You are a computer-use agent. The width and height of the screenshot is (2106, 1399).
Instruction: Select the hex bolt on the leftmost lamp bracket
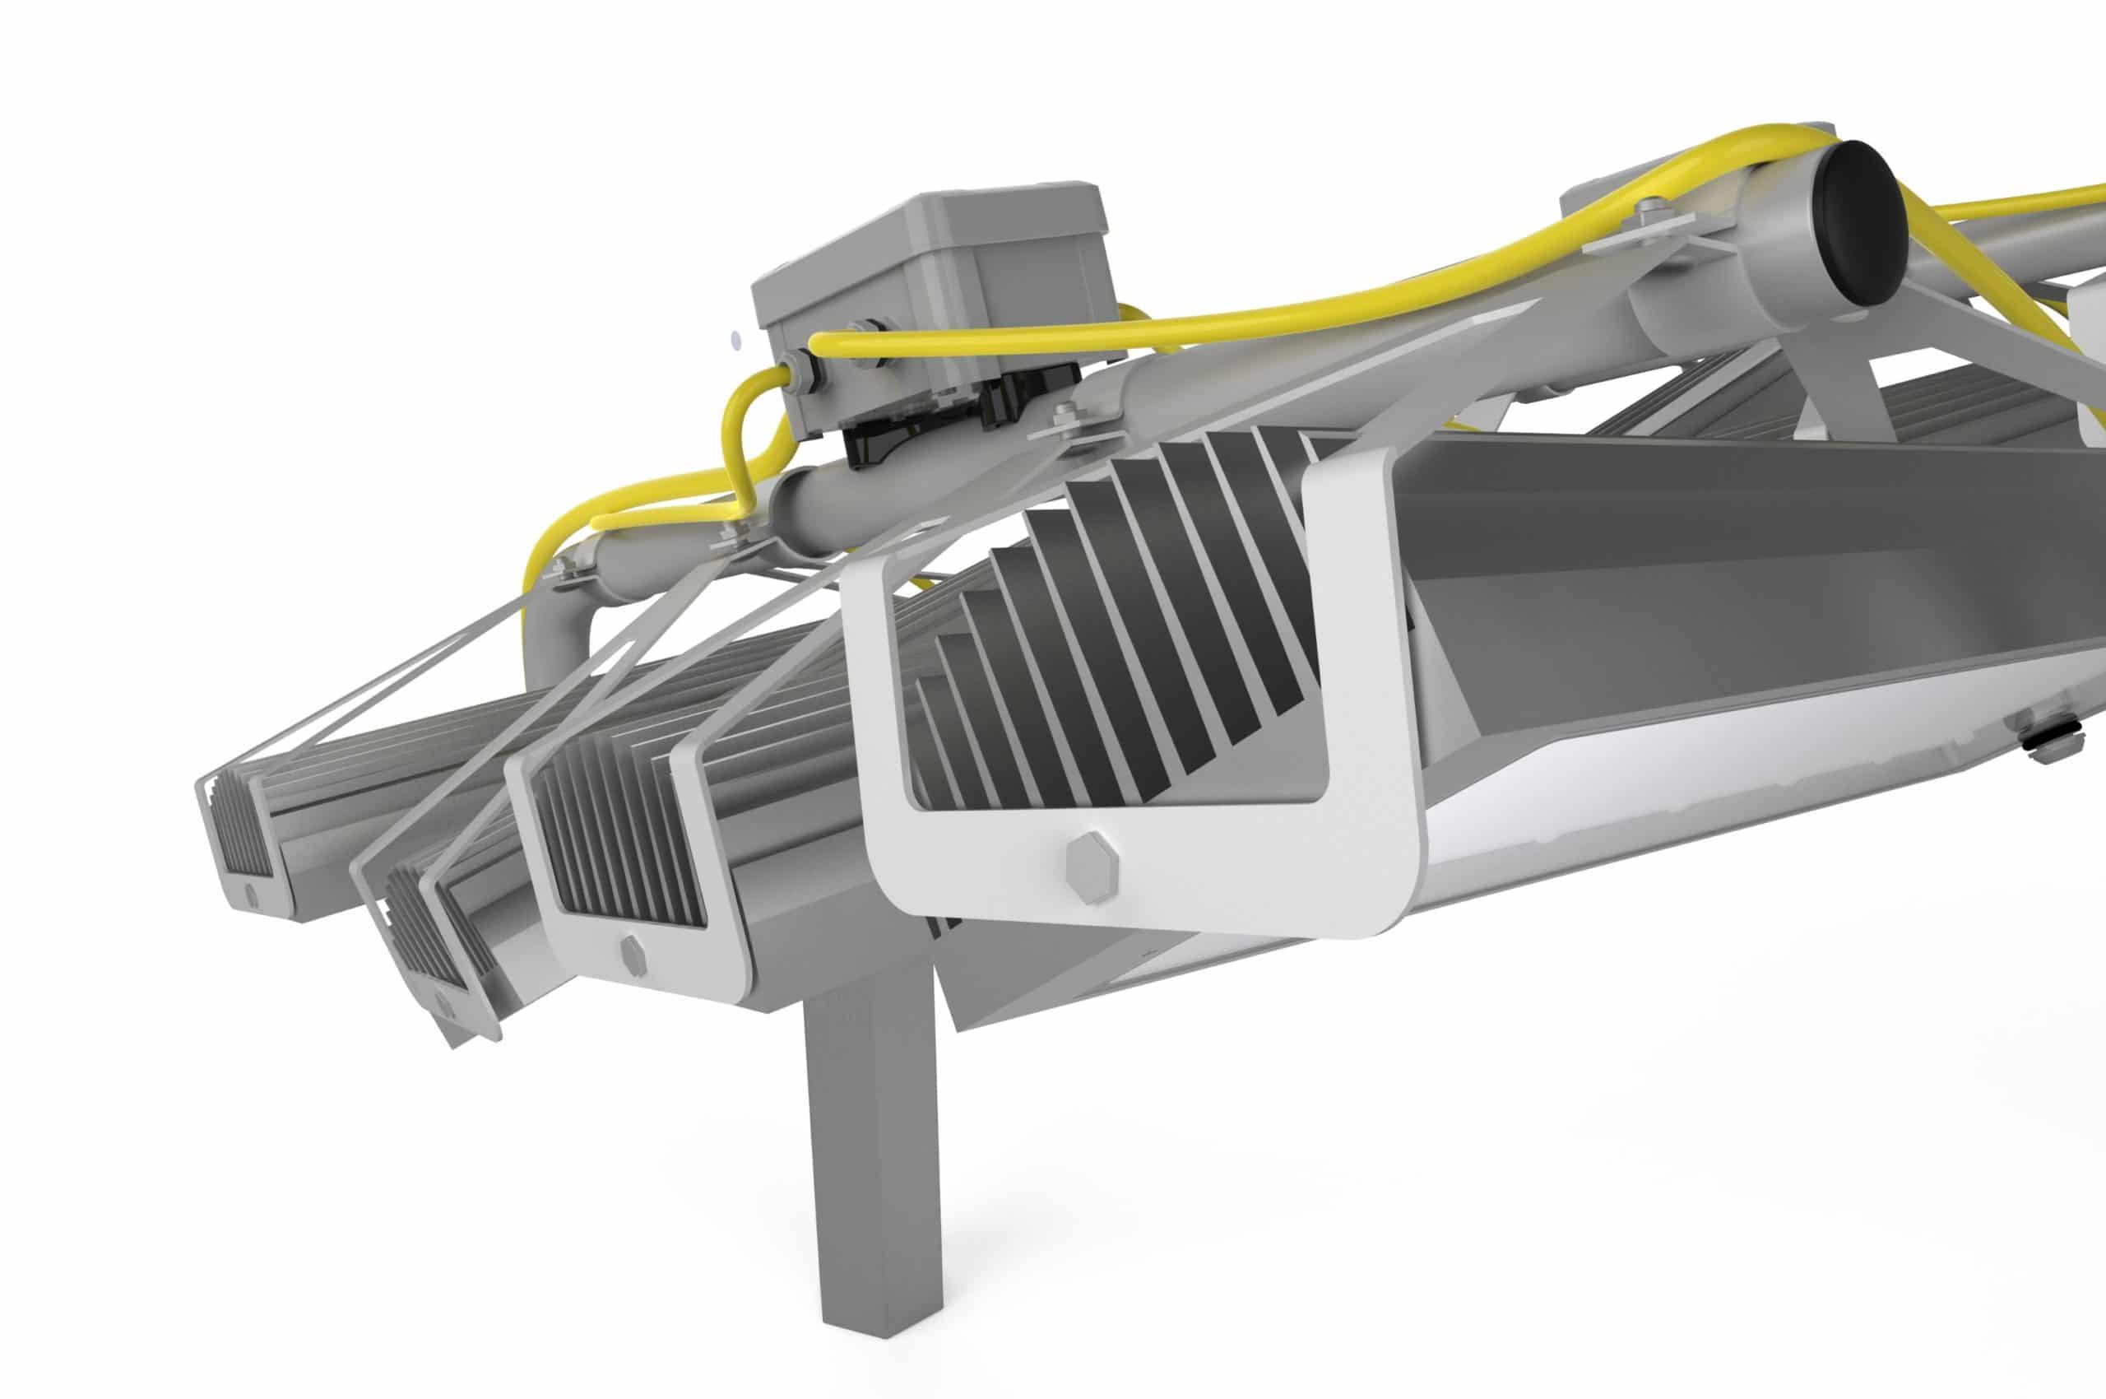[251, 892]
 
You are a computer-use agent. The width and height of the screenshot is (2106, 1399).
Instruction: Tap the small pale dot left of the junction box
[734, 340]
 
